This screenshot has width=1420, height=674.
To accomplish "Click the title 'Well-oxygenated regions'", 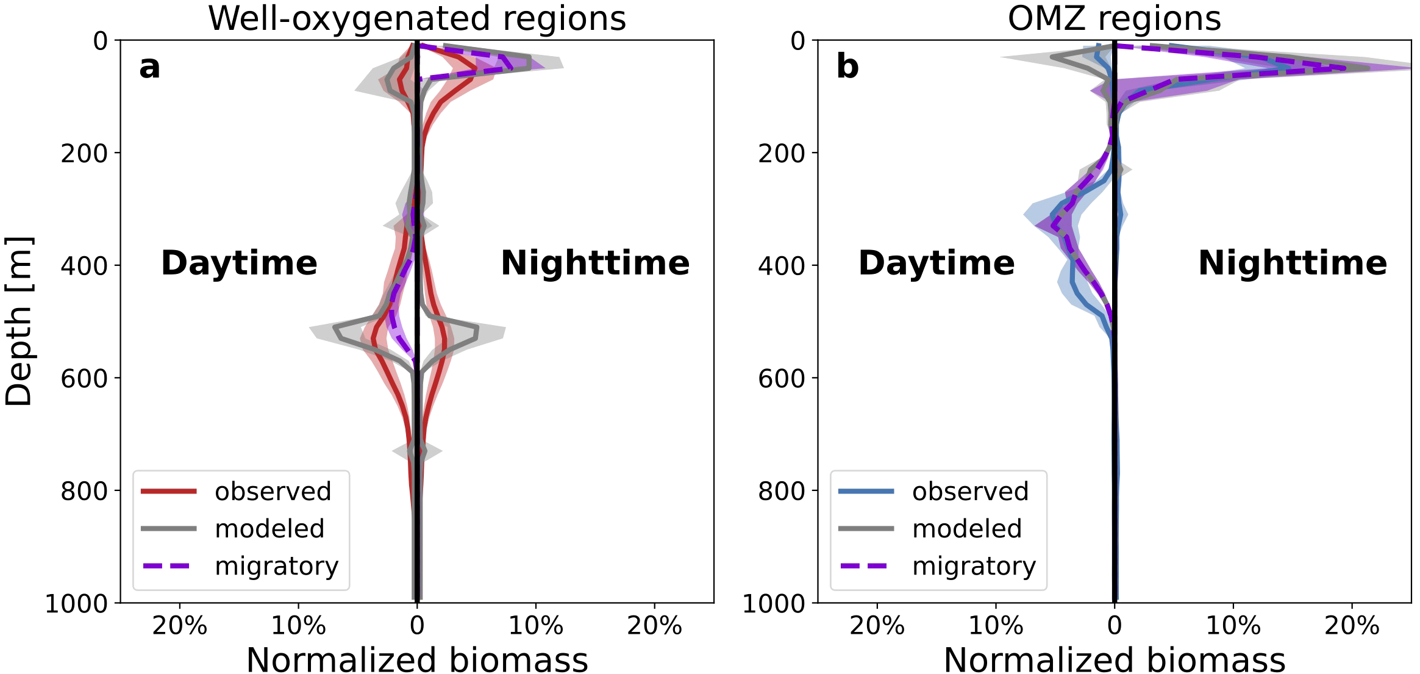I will pos(417,18).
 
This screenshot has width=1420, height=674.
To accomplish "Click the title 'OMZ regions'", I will pos(1114,18).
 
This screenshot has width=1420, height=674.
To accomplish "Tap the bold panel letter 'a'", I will pos(149,67).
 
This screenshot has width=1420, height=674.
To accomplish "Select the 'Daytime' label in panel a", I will pos(239,264).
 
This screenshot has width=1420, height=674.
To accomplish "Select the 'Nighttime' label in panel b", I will pos(1293,264).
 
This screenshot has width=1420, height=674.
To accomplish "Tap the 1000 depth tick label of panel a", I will pos(76,604).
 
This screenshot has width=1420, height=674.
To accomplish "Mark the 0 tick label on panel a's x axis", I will pos(417,626).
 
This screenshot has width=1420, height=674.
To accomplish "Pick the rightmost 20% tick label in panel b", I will pos(1352,626).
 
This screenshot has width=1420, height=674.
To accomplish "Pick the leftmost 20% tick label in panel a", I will pos(180,626).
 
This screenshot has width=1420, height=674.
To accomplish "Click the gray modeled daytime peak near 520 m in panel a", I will pos(335,329).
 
